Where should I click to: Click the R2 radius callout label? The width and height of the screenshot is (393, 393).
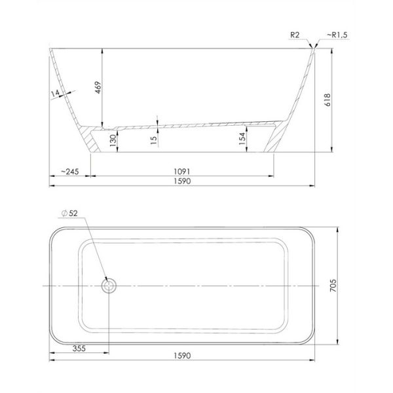[295, 35]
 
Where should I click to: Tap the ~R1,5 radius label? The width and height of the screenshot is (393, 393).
[337, 35]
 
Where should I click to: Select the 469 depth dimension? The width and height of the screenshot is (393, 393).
[98, 87]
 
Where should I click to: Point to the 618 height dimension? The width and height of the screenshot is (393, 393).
[327, 100]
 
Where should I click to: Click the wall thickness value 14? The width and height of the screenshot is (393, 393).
[55, 94]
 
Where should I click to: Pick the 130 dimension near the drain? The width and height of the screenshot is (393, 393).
[113, 140]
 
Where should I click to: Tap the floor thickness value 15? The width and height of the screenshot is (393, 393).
[154, 140]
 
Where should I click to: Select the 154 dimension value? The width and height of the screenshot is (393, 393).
[242, 139]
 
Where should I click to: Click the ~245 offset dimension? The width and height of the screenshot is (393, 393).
[70, 172]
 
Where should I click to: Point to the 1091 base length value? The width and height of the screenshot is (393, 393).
[182, 172]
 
